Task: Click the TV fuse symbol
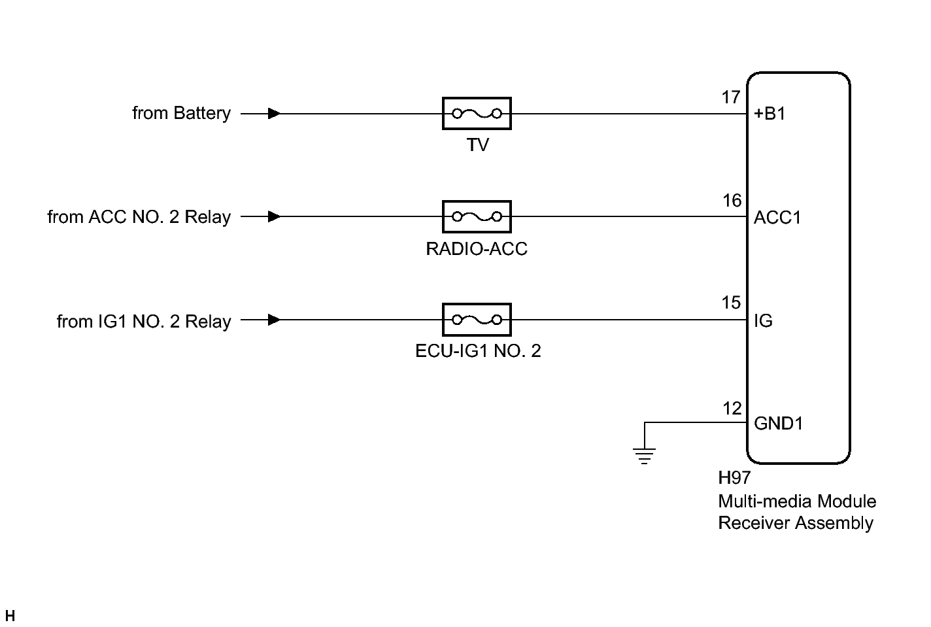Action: [x=477, y=114]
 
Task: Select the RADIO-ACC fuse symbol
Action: [x=477, y=216]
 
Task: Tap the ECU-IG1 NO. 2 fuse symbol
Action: [x=477, y=320]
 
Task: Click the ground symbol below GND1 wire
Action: [x=644, y=454]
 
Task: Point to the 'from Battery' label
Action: [x=181, y=113]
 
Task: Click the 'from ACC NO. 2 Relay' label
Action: [x=139, y=216]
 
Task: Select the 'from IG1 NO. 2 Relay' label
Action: [x=144, y=321]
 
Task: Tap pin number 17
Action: [x=730, y=97]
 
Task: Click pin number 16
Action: [x=732, y=200]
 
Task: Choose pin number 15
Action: [x=731, y=303]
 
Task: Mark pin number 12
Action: [x=732, y=409]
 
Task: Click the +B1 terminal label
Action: [x=770, y=114]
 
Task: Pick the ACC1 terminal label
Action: [x=777, y=217]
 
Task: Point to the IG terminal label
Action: [x=763, y=320]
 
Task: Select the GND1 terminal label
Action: [x=778, y=423]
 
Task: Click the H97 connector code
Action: [x=734, y=478]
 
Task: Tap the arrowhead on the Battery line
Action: [x=275, y=114]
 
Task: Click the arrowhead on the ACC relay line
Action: [x=275, y=216]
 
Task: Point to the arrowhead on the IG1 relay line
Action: [x=275, y=320]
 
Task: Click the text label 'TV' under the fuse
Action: [x=477, y=144]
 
